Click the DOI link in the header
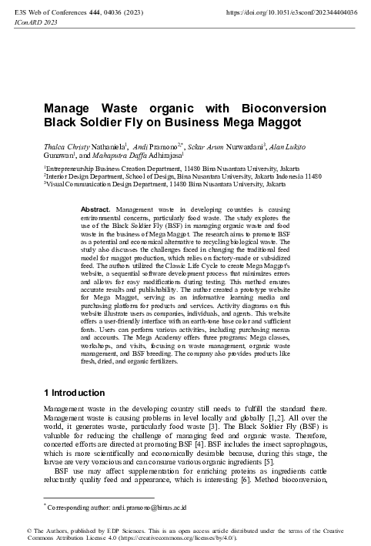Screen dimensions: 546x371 292,13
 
